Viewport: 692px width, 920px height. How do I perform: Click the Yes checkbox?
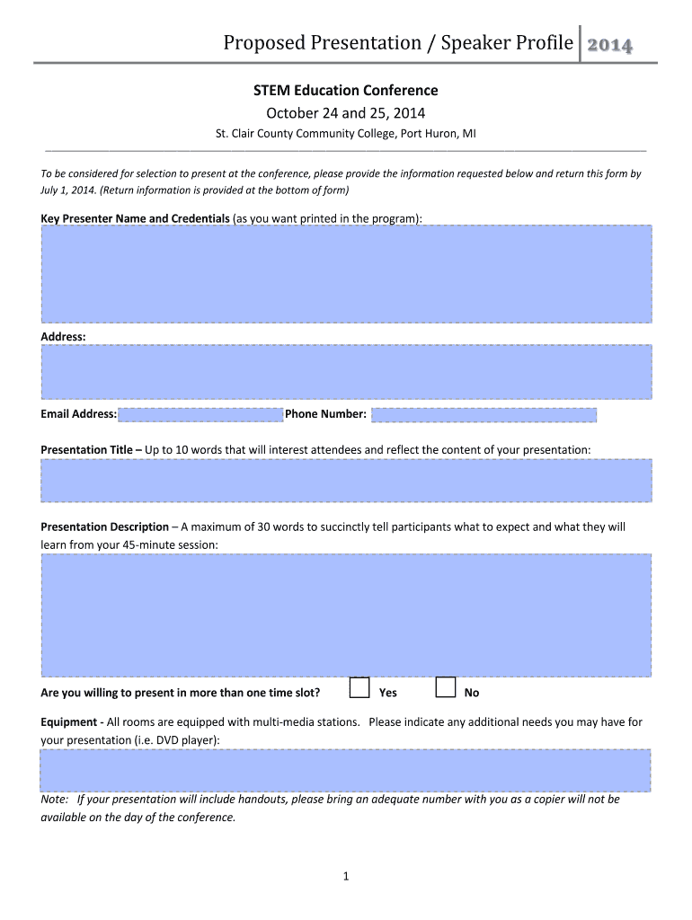pyautogui.click(x=359, y=688)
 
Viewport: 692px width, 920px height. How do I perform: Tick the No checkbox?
pyautogui.click(x=445, y=688)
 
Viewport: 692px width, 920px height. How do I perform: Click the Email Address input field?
pyautogui.click(x=200, y=414)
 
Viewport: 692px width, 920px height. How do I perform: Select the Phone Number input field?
pyautogui.click(x=484, y=414)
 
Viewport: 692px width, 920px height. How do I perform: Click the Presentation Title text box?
pyautogui.click(x=346, y=481)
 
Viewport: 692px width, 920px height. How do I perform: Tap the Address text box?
pyautogui.click(x=346, y=372)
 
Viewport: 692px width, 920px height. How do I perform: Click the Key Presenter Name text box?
pyautogui.click(x=346, y=273)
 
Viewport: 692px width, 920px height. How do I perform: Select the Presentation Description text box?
pyautogui.click(x=346, y=615)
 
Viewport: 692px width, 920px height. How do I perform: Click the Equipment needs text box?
pyautogui.click(x=346, y=770)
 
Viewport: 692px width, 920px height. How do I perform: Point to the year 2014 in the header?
pyautogui.click(x=609, y=45)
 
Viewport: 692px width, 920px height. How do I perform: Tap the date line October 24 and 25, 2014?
pyautogui.click(x=345, y=113)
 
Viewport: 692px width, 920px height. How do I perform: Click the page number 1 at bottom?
pyautogui.click(x=345, y=877)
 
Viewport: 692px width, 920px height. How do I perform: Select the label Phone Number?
pyautogui.click(x=325, y=414)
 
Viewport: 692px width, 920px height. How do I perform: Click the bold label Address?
pyautogui.click(x=64, y=336)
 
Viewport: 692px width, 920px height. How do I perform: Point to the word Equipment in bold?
pyautogui.click(x=68, y=722)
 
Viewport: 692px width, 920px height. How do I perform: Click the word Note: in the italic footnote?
pyautogui.click(x=56, y=799)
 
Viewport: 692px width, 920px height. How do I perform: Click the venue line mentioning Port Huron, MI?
pyautogui.click(x=345, y=134)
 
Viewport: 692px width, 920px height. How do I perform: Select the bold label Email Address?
pyautogui.click(x=79, y=414)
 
